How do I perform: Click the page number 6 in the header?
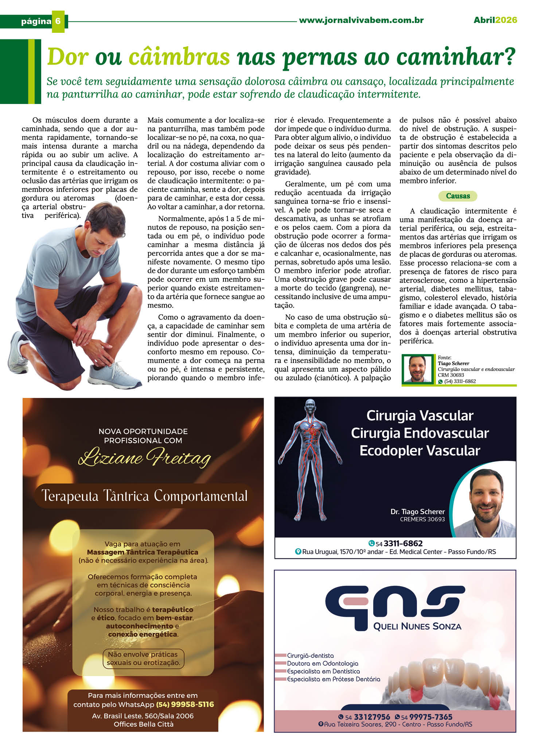tap(58, 21)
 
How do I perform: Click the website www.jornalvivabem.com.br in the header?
tap(361, 20)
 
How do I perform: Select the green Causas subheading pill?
tap(457, 196)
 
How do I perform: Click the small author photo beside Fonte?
tap(418, 369)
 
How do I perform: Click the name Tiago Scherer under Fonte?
tap(453, 363)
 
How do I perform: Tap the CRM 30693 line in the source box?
tap(451, 375)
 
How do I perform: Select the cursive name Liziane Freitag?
tap(144, 458)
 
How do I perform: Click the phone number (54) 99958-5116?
tap(185, 704)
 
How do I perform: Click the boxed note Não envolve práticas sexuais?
tap(143, 658)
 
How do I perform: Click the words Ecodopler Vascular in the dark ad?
tap(420, 451)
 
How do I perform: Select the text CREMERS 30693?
tap(422, 519)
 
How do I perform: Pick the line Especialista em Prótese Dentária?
tap(333, 679)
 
